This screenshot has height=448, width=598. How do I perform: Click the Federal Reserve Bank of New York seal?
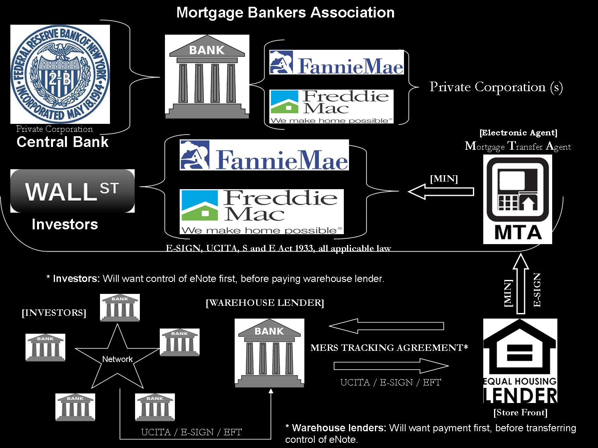pos(60,74)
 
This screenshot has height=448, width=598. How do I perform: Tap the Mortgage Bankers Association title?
pos(285,12)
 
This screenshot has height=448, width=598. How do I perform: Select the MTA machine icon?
pos(518,199)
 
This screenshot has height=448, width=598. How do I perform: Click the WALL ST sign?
pos(72,191)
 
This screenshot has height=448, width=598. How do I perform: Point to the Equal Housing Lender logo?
pos(520,361)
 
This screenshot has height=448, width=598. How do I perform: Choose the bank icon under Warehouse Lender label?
pos(269,353)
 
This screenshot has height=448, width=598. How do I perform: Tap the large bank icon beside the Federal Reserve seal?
pos(207,76)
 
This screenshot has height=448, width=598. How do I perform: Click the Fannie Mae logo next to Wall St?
pos(264,155)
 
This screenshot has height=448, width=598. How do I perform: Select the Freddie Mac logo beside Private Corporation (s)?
pos(331,106)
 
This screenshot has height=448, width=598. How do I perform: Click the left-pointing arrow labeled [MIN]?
pos(441,192)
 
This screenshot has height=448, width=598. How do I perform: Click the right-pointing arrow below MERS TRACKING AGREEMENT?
pos(391,366)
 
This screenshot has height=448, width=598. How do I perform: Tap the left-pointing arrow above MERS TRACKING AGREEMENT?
pos(386,326)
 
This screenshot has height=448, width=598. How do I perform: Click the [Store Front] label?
pos(520,413)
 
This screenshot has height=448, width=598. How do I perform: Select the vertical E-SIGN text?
pos(537,290)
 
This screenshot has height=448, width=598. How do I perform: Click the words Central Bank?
pos(63,142)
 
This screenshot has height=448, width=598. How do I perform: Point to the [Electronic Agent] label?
pos(518,133)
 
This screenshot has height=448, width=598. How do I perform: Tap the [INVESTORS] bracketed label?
pos(54,313)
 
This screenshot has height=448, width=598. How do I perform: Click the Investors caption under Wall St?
pos(65,224)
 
